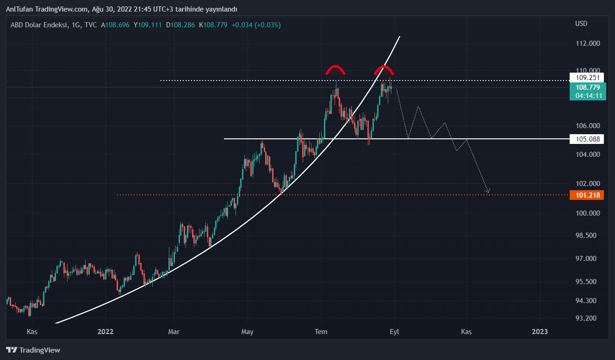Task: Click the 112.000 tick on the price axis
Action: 587,43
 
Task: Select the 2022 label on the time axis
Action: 106,332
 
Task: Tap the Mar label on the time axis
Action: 174,332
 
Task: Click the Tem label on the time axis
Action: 321,332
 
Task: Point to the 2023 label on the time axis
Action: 540,332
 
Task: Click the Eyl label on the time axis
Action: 394,332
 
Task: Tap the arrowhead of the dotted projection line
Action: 487,190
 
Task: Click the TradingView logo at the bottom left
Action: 33,350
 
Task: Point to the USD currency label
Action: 581,24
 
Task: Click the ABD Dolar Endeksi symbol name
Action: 39,25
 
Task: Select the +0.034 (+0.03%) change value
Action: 256,25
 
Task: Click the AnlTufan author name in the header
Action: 19,9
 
